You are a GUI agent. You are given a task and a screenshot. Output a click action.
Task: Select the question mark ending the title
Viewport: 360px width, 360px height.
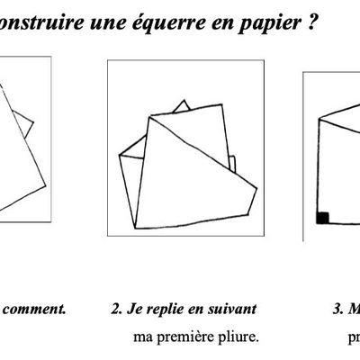pos(310,20)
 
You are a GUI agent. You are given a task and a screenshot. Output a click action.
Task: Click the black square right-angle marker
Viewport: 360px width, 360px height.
pos(321,217)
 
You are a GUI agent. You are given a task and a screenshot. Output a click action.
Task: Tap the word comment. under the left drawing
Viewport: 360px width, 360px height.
pos(35,310)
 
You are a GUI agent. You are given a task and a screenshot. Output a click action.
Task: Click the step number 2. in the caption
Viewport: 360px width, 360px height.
pos(116,310)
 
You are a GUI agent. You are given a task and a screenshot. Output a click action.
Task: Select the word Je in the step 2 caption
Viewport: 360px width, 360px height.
pos(134,310)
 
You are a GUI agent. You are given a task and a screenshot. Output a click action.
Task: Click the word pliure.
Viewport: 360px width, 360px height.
pos(240,338)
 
